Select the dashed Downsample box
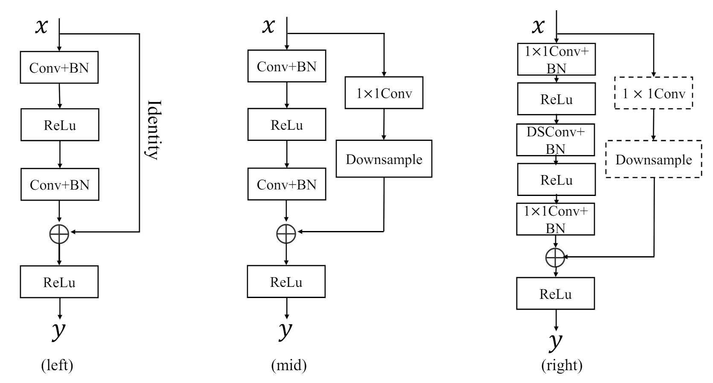653,159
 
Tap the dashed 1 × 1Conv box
653,93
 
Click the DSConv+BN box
555,140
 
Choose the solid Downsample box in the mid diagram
384,159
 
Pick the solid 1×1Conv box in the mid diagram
384,93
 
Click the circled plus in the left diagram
59,234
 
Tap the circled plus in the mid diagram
286,234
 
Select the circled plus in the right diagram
555,257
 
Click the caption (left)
57,365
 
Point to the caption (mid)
289,365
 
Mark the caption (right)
562,365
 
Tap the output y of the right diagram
555,342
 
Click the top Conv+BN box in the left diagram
59,67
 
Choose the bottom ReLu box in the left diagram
59,282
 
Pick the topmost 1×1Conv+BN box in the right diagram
556,59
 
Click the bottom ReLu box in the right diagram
555,294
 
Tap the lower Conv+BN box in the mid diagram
286,184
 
